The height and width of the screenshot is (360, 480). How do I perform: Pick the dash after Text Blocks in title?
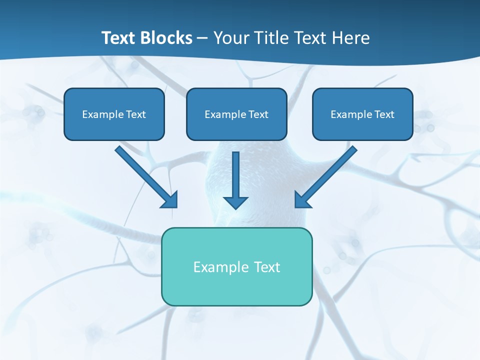pyautogui.click(x=202, y=38)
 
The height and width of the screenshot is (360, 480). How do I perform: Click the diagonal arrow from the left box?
pyautogui.click(x=146, y=176)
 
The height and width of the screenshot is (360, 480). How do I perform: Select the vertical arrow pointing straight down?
pyautogui.click(x=235, y=180)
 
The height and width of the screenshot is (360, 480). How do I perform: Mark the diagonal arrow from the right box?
pyautogui.click(x=325, y=176)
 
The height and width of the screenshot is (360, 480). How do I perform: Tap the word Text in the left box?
pyautogui.click(x=136, y=114)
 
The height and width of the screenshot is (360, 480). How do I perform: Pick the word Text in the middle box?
pyautogui.click(x=258, y=114)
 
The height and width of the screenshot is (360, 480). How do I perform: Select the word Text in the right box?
pyautogui.click(x=384, y=114)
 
